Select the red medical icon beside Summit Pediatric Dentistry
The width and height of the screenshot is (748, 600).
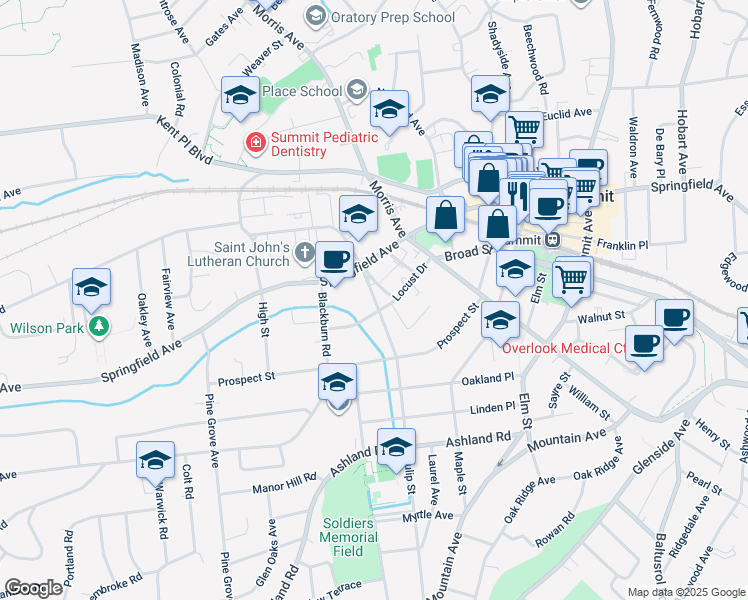tap(256, 143)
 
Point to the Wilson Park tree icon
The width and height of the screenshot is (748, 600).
tap(98, 327)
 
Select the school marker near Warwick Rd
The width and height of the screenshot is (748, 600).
tap(156, 460)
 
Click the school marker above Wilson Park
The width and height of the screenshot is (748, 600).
tap(91, 288)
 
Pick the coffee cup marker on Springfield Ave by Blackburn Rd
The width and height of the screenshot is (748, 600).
tap(335, 259)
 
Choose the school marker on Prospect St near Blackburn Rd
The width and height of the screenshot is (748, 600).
tap(338, 382)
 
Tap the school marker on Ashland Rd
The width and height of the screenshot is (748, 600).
tap(396, 445)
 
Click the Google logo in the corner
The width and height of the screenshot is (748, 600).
tap(33, 588)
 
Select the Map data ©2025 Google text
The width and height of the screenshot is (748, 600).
tap(685, 592)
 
